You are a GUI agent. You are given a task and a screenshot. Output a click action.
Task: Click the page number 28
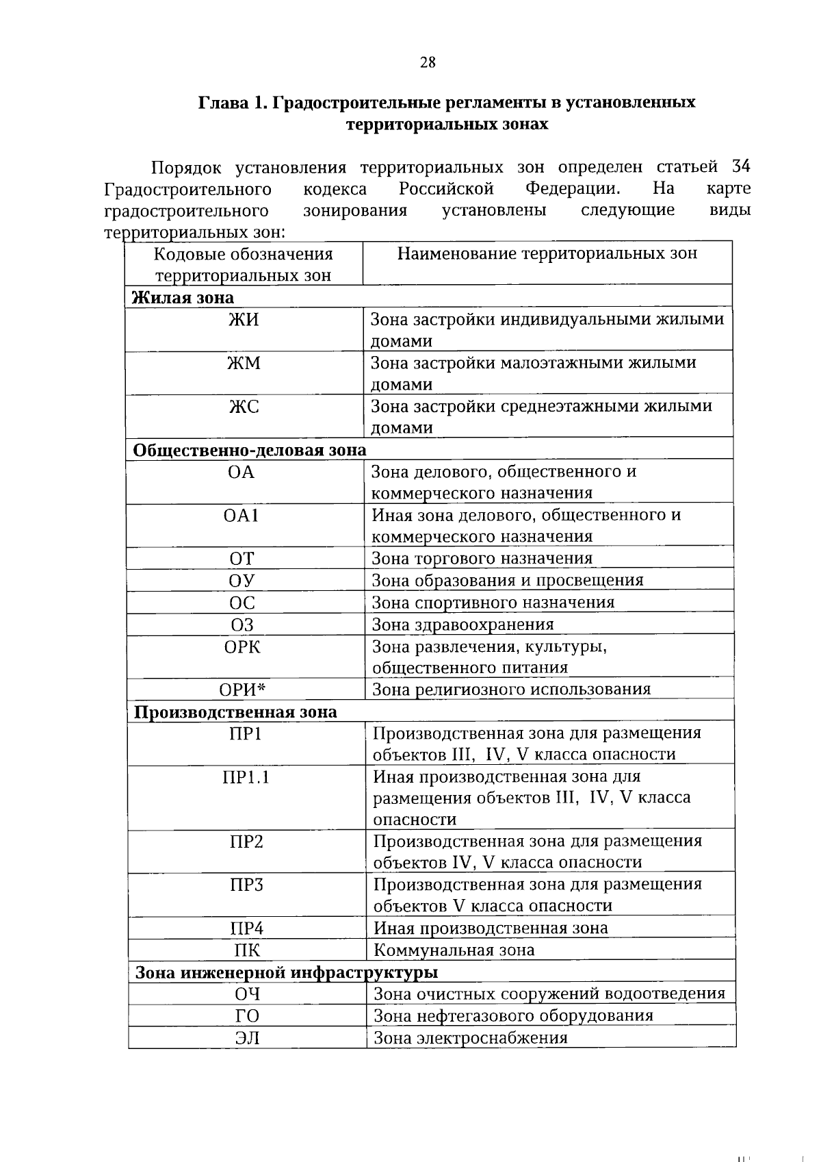pyautogui.click(x=427, y=63)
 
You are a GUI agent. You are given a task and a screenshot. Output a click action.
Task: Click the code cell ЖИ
pyautogui.click(x=244, y=320)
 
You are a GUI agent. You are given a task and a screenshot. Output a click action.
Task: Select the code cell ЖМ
pyautogui.click(x=244, y=363)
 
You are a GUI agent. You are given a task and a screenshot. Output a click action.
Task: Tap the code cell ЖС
pyautogui.click(x=244, y=407)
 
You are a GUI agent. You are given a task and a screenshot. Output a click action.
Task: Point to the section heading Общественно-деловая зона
pyautogui.click(x=250, y=450)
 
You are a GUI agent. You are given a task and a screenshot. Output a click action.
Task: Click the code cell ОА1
pyautogui.click(x=241, y=515)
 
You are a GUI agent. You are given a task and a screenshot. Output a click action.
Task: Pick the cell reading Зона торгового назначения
pyautogui.click(x=482, y=558)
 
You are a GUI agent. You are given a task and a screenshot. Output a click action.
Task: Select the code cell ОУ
pyautogui.click(x=242, y=581)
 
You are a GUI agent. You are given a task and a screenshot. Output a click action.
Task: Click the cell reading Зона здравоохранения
pyautogui.click(x=462, y=624)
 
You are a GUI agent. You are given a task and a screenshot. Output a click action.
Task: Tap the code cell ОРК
pyautogui.click(x=242, y=646)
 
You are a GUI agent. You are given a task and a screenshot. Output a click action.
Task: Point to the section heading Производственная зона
pyautogui.click(x=235, y=712)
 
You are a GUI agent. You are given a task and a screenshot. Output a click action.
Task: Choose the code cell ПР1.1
pyautogui.click(x=246, y=777)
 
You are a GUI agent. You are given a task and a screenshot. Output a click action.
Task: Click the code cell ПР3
pyautogui.click(x=246, y=885)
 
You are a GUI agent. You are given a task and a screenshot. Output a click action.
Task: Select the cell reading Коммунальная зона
pyautogui.click(x=454, y=950)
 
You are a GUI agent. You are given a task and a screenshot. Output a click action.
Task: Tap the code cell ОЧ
pyautogui.click(x=247, y=994)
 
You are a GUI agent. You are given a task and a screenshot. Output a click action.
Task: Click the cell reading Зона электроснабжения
pyautogui.click(x=470, y=1038)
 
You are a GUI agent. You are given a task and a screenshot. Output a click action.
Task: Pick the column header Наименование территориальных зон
pyautogui.click(x=547, y=254)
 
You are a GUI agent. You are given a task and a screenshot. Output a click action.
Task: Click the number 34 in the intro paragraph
pyautogui.click(x=741, y=166)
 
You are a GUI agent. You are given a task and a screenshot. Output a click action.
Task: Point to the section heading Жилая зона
pyautogui.click(x=183, y=298)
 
